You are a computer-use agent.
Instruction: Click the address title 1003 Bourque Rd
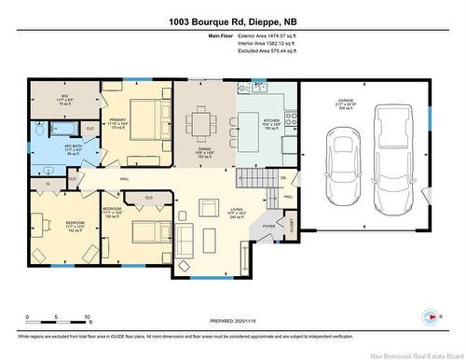(x=232, y=21)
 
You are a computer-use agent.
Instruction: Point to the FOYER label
(x=268, y=225)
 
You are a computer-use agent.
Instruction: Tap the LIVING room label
(x=238, y=215)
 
